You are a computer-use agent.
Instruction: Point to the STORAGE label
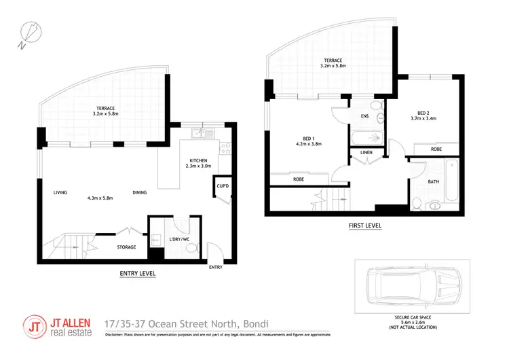coord(127,247)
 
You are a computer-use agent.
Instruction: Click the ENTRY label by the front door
coord(215,267)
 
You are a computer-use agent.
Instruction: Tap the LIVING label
coord(60,192)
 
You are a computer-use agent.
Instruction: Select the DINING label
coord(140,192)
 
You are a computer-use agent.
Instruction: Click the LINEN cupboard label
coord(366,153)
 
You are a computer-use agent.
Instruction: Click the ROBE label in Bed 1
coord(299,179)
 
